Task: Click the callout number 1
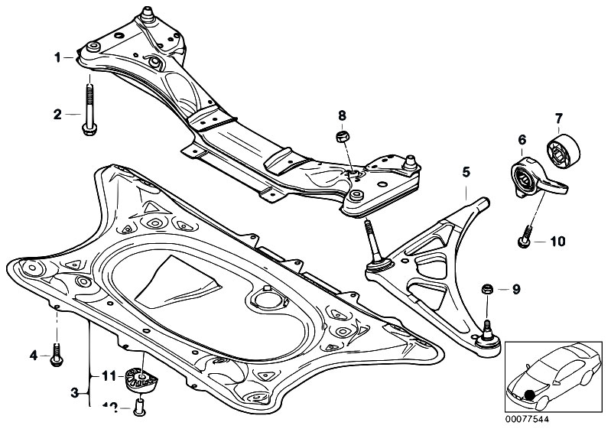pyautogui.click(x=57, y=56)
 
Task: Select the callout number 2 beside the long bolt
pyautogui.click(x=57, y=115)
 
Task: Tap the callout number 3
pyautogui.click(x=74, y=393)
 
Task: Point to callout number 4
pyautogui.click(x=34, y=355)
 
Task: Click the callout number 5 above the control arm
pyautogui.click(x=465, y=174)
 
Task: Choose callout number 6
pyautogui.click(x=522, y=140)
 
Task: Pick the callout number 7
pyautogui.click(x=558, y=118)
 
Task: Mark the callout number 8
pyautogui.click(x=343, y=115)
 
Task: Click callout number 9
pyautogui.click(x=515, y=289)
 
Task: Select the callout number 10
pyautogui.click(x=557, y=242)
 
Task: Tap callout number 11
pyautogui.click(x=108, y=375)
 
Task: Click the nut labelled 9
pyautogui.click(x=485, y=289)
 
